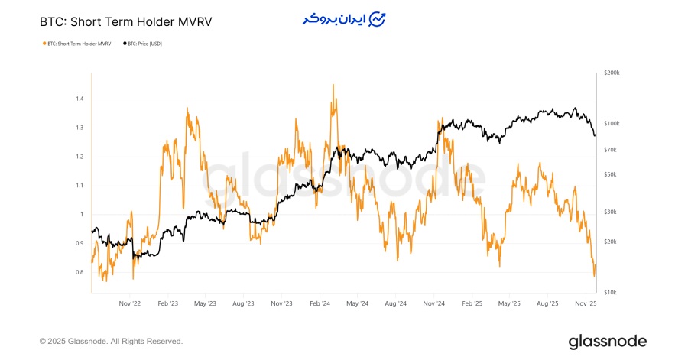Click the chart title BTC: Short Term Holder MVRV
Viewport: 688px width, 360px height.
(125, 22)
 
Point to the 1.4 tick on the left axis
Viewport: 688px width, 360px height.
(80, 99)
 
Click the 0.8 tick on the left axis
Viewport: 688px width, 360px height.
(80, 272)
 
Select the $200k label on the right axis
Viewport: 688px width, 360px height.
(612, 73)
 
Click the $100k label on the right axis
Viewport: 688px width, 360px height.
(612, 123)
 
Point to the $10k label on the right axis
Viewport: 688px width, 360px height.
(610, 293)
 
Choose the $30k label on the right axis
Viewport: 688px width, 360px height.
(610, 212)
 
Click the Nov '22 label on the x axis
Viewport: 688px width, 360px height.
(130, 303)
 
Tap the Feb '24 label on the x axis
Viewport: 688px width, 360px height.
(320, 303)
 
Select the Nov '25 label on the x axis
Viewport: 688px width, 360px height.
(586, 303)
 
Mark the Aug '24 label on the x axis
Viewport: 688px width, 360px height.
(396, 303)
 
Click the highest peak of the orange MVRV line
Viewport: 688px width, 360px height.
(333, 85)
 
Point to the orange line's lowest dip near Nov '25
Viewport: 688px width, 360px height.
(594, 276)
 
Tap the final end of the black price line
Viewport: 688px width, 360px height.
(595, 135)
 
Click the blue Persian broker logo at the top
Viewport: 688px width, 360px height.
(344, 20)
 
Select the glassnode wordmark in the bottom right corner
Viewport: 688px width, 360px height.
(608, 341)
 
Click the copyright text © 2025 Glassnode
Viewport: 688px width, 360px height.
(111, 341)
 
